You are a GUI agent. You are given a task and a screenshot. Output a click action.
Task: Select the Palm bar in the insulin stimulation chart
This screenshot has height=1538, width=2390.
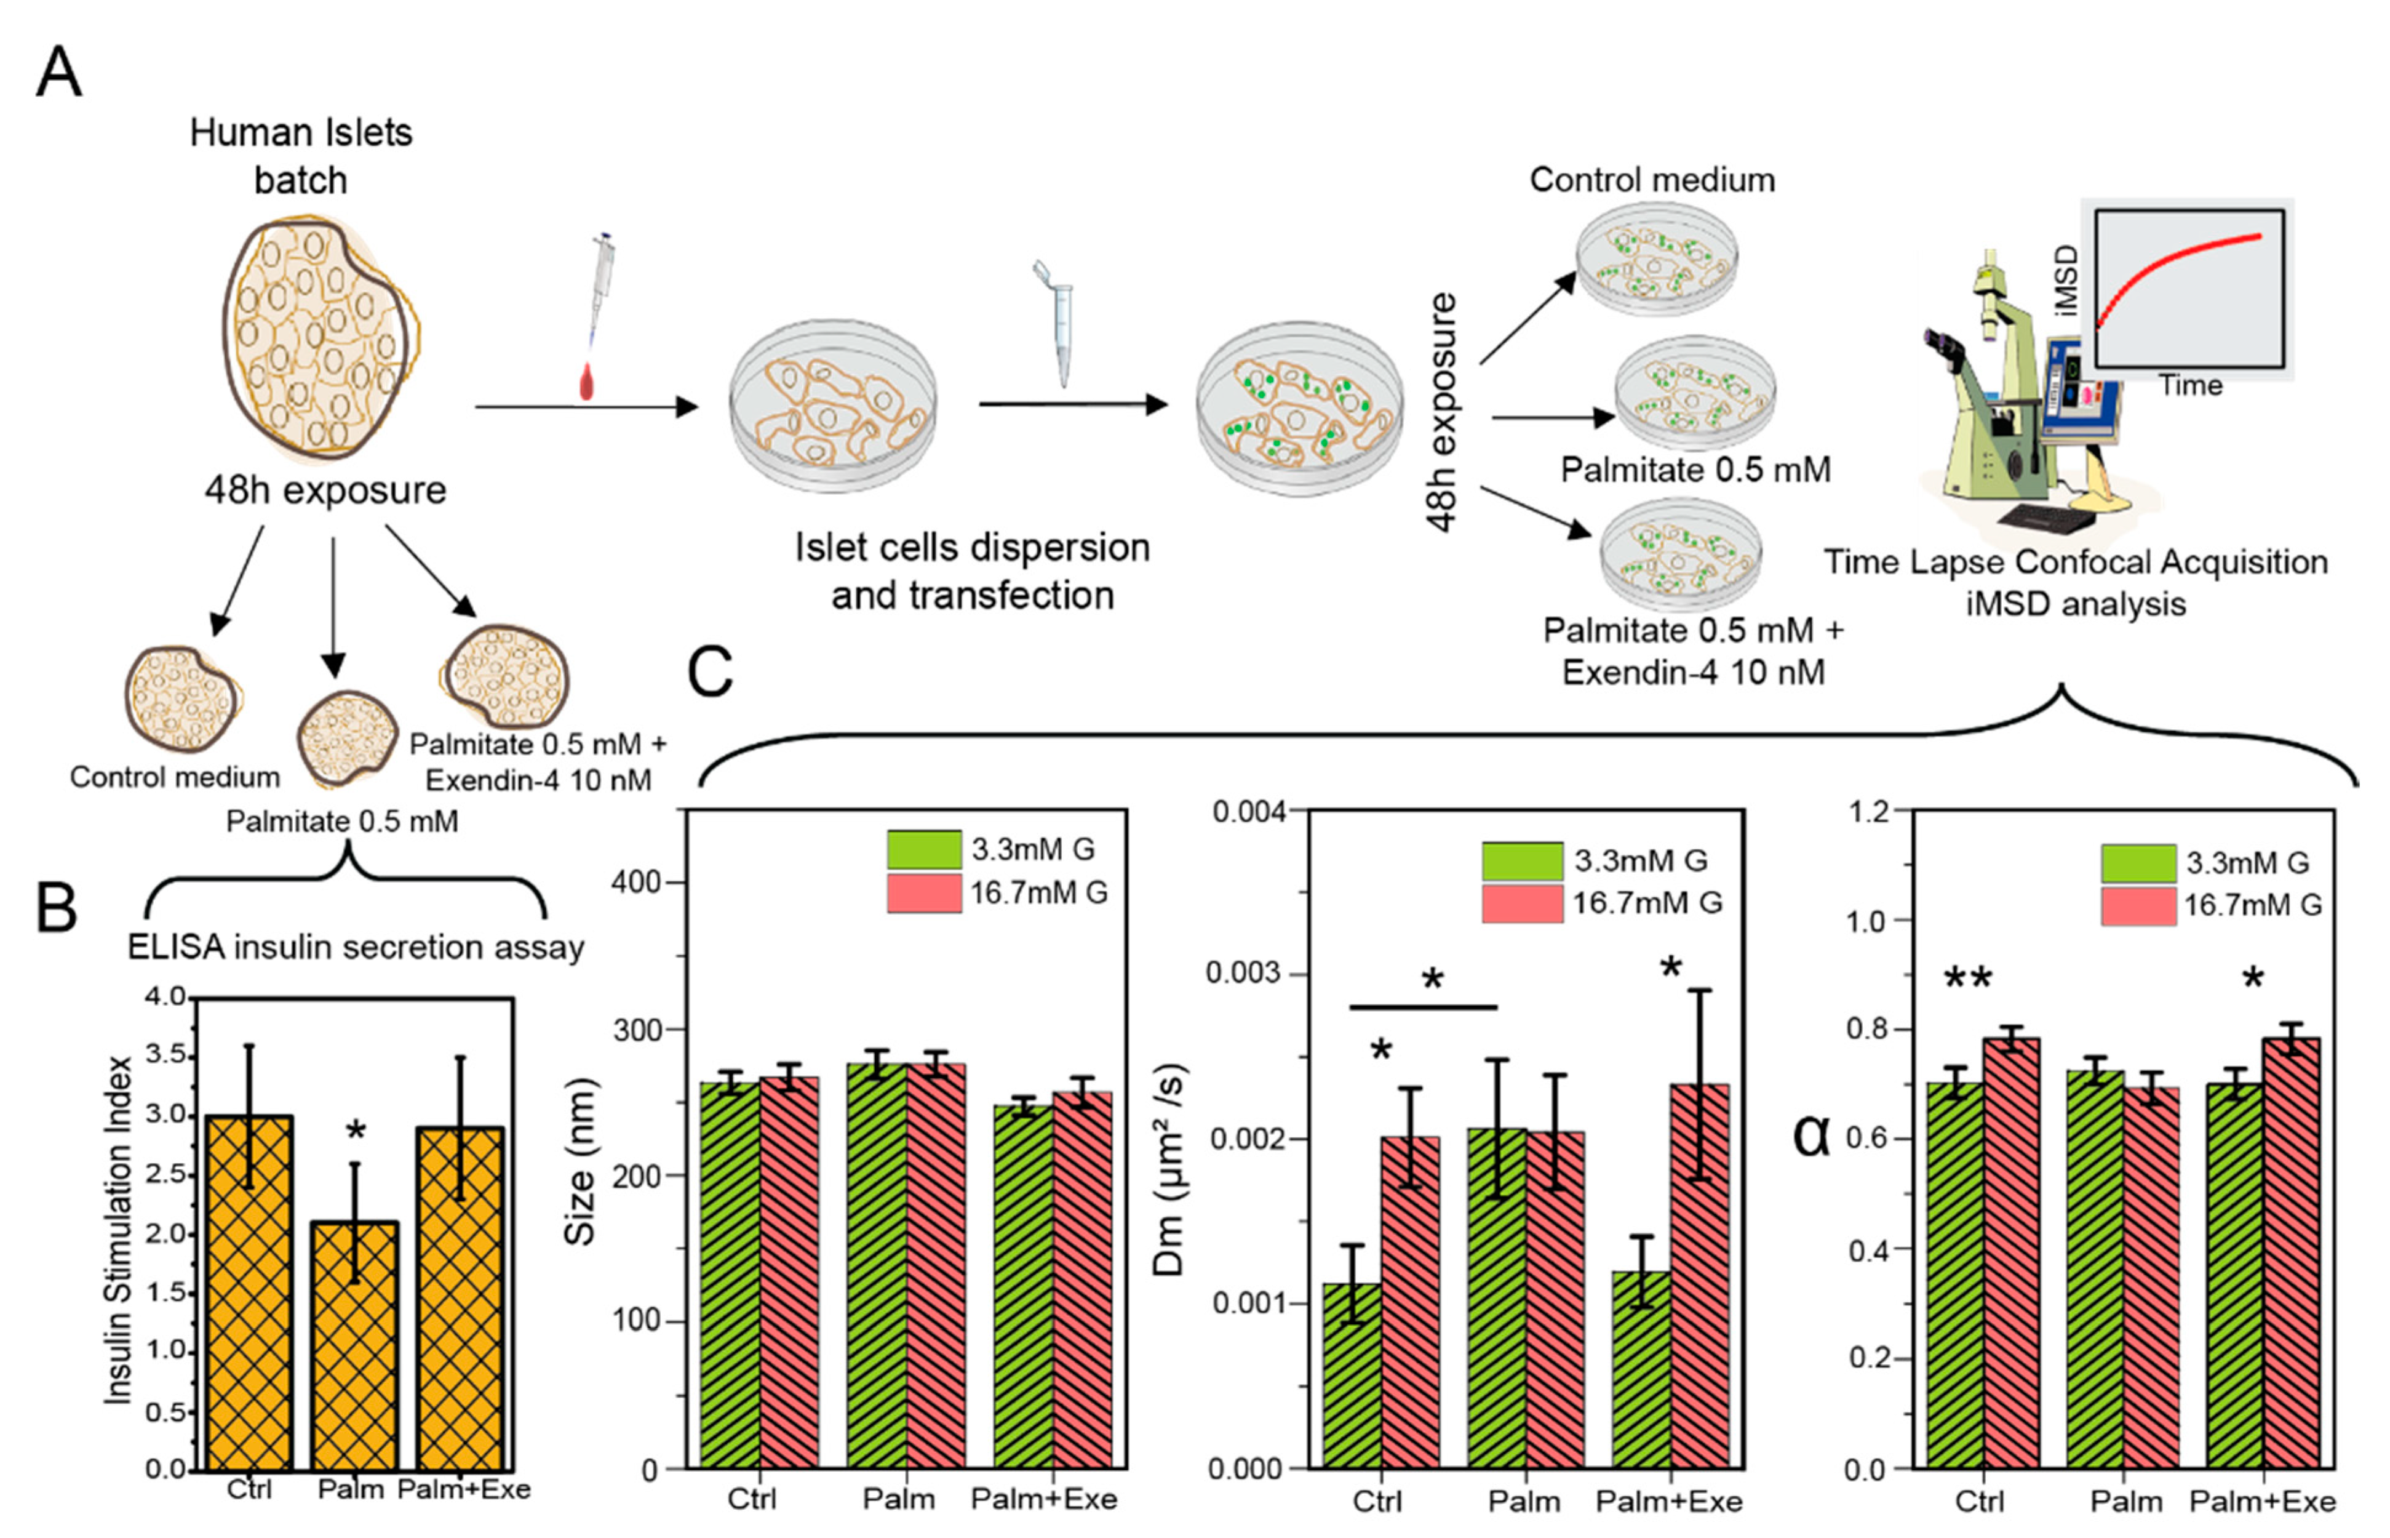tap(354, 1344)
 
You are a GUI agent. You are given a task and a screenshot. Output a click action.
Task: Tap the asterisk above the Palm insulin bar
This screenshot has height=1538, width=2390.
tap(356, 1132)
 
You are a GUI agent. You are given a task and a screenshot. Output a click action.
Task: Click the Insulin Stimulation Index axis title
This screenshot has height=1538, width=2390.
tap(119, 1230)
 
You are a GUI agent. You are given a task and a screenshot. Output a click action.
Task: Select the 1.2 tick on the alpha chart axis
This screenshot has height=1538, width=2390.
tap(1870, 811)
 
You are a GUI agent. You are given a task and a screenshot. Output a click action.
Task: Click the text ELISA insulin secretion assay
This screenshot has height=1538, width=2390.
tap(356, 946)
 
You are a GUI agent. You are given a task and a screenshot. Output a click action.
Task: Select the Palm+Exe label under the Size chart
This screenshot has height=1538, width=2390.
tap(1044, 1499)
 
